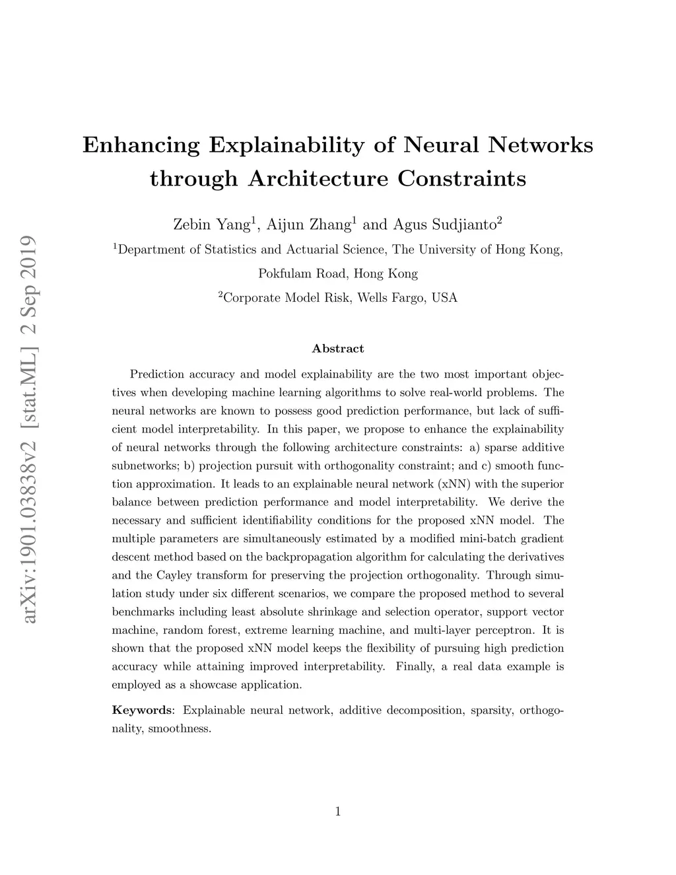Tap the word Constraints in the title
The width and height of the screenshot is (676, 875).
coord(462,178)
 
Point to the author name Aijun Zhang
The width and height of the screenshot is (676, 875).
coord(308,225)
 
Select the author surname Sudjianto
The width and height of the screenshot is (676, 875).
coord(463,225)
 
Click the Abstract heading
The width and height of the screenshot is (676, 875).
coord(337,349)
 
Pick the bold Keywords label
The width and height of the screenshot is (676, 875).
coord(141,711)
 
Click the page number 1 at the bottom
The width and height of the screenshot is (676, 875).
coord(337,812)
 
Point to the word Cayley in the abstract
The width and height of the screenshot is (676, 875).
coord(174,575)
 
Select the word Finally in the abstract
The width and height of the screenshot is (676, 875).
coord(415,666)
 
